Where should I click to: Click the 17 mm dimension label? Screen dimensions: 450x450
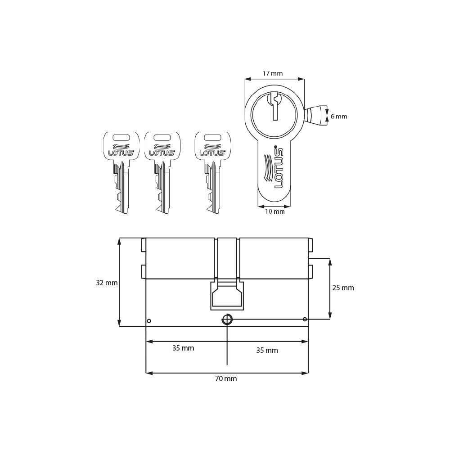pyautogui.click(x=273, y=73)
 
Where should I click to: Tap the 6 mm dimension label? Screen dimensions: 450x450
pyautogui.click(x=339, y=117)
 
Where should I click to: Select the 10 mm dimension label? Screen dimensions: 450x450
pyautogui.click(x=274, y=211)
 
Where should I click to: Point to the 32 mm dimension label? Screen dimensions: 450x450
pyautogui.click(x=107, y=283)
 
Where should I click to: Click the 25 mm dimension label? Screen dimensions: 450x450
pyautogui.click(x=343, y=288)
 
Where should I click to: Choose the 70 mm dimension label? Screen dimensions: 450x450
pyautogui.click(x=225, y=379)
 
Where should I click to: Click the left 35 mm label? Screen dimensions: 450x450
pyautogui.click(x=183, y=348)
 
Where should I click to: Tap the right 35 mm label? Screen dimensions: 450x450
pyautogui.click(x=267, y=351)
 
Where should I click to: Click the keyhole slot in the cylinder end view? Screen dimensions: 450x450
pyautogui.click(x=274, y=106)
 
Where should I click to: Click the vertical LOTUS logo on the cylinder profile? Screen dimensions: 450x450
pyautogui.click(x=278, y=167)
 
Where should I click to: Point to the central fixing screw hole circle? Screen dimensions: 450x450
pyautogui.click(x=227, y=319)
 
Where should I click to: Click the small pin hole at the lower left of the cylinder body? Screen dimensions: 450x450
pyautogui.click(x=149, y=321)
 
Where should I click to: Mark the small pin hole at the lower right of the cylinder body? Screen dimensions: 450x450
pyautogui.click(x=305, y=319)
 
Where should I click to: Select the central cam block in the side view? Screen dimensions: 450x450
pyautogui.click(x=227, y=296)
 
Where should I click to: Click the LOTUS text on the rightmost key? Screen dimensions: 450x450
pyautogui.click(x=212, y=153)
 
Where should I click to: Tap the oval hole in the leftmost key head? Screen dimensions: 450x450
pyautogui.click(x=121, y=137)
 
